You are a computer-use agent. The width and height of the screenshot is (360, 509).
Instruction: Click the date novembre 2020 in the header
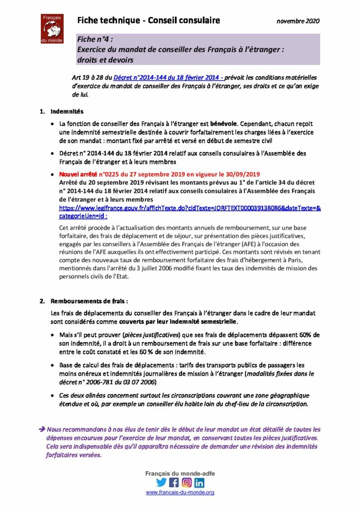(298, 21)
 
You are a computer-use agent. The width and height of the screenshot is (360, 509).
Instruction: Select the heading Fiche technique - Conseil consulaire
(149, 20)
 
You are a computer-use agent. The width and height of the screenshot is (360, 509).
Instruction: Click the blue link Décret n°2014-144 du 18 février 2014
(168, 78)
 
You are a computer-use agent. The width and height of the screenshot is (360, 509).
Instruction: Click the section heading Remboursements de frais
(90, 301)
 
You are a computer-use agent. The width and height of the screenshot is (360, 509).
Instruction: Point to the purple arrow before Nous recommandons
(42, 429)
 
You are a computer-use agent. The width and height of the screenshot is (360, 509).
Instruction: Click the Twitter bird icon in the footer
(162, 482)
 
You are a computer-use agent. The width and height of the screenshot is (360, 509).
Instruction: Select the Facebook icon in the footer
(174, 482)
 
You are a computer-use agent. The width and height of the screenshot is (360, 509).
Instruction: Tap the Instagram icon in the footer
(186, 482)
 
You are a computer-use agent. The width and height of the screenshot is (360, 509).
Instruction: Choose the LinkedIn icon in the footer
(199, 482)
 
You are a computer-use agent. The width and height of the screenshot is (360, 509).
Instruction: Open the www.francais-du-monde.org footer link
(180, 492)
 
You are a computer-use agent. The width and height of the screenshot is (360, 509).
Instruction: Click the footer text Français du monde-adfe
(180, 473)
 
